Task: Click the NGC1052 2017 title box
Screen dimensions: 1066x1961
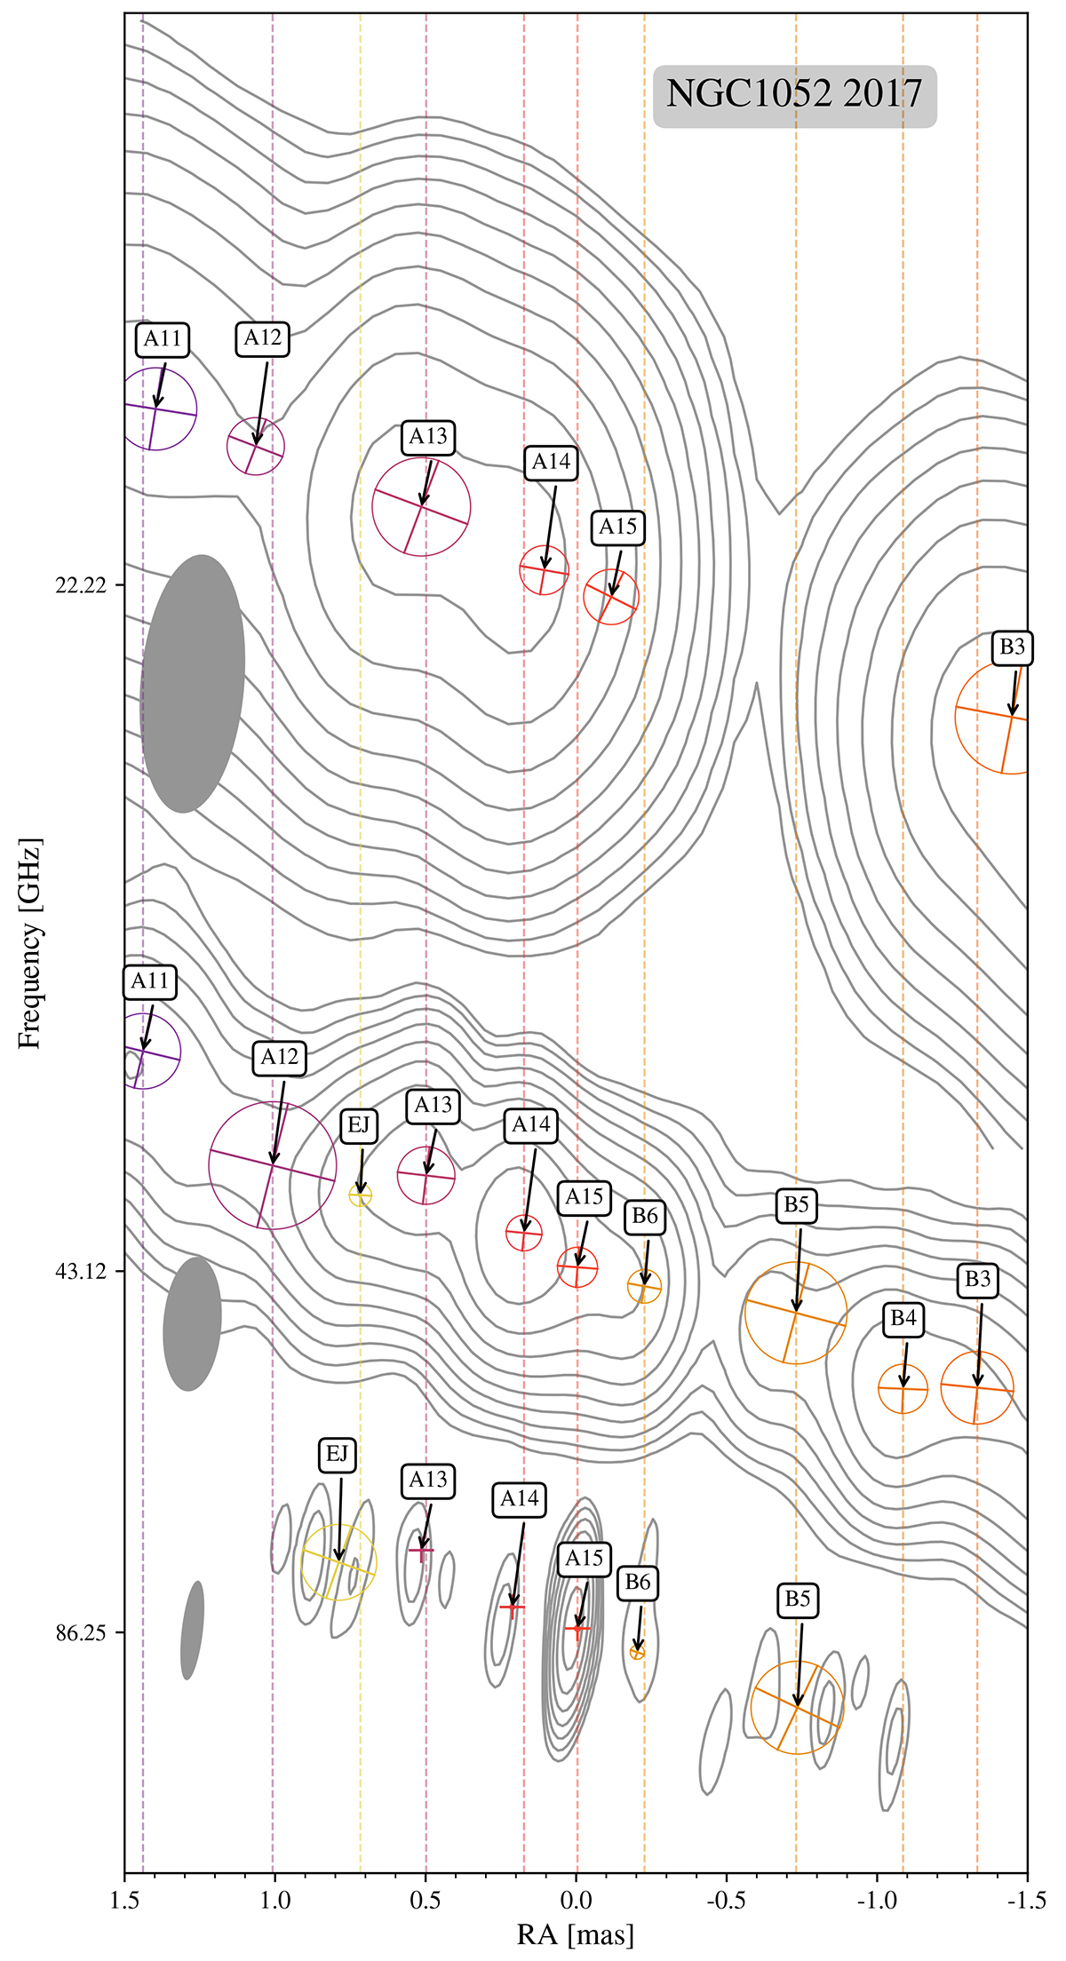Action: click(795, 96)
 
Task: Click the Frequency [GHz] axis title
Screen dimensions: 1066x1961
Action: click(31, 942)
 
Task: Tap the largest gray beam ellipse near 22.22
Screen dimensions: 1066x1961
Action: click(193, 684)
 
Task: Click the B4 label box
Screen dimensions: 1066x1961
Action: click(903, 1319)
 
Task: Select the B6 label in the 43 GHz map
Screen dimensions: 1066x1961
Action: click(644, 1216)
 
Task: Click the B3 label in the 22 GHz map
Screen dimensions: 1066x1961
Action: click(1012, 647)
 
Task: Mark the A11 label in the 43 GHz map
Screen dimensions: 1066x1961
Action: click(149, 981)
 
